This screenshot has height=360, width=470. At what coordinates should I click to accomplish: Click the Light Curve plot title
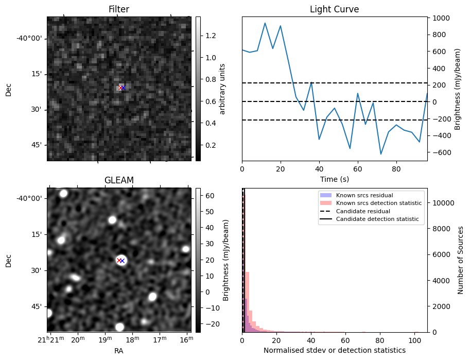334,9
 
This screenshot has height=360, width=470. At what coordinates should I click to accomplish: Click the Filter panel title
118,9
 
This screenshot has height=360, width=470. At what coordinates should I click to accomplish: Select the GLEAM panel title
118,180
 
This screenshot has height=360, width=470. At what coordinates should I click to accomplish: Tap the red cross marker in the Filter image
120,88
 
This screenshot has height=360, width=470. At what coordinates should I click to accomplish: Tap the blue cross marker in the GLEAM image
123,261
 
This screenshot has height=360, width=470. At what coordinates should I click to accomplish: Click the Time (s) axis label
334,179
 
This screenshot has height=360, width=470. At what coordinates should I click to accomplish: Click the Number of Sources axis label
461,260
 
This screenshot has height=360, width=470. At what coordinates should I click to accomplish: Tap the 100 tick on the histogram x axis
414,340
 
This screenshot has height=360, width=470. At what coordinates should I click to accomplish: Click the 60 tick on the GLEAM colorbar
207,196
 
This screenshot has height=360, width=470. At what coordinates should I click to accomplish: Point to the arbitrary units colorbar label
222,89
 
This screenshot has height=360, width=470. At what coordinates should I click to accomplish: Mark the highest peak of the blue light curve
265,23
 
